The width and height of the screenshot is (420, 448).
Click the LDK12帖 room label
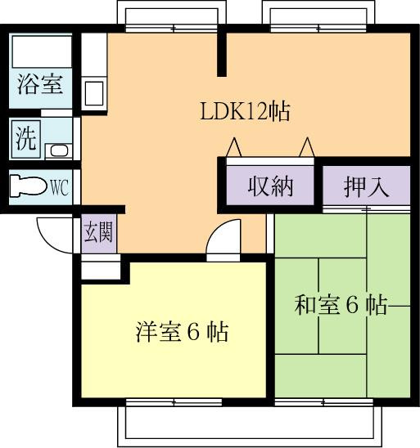click(x=245, y=111)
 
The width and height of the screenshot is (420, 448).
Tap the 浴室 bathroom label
click(x=40, y=84)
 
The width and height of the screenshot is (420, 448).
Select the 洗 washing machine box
click(x=25, y=139)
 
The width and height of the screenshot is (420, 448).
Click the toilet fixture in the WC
click(x=29, y=186)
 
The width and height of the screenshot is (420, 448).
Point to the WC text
click(x=60, y=187)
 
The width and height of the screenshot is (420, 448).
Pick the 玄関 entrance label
click(x=98, y=232)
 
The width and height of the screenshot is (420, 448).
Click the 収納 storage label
click(x=270, y=186)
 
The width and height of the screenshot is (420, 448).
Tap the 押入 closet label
click(x=367, y=187)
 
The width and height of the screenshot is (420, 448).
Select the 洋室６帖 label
click(x=183, y=332)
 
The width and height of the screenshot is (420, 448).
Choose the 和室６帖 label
click(x=341, y=305)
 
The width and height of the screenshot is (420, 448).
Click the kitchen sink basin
click(x=94, y=93)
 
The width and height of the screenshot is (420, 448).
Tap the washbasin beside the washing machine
click(x=59, y=150)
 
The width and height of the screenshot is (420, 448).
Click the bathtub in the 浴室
click(x=42, y=52)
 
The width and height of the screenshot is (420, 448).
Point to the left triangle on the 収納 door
click(x=234, y=147)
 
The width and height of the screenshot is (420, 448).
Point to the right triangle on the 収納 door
click(x=307, y=147)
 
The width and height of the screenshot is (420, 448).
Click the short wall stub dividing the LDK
click(x=222, y=55)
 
